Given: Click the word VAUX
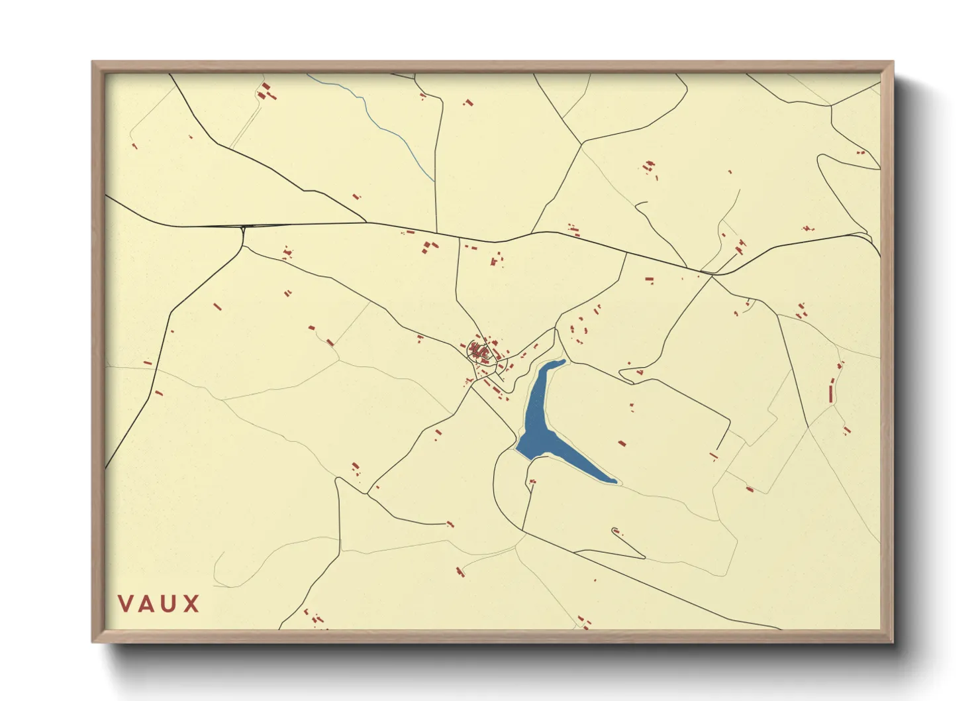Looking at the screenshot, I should [x=159, y=604].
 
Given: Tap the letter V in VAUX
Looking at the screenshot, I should [x=125, y=604].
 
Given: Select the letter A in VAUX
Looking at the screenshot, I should [x=147, y=604].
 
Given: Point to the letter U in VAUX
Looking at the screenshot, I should [x=170, y=604].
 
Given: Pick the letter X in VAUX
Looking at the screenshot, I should [x=191, y=604].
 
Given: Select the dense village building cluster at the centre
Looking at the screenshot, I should [x=482, y=351].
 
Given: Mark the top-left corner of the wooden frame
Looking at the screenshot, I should [x=93, y=62].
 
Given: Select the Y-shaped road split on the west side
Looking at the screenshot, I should [x=244, y=229].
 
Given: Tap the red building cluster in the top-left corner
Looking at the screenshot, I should [x=267, y=92].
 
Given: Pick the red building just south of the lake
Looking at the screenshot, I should [x=532, y=482].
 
